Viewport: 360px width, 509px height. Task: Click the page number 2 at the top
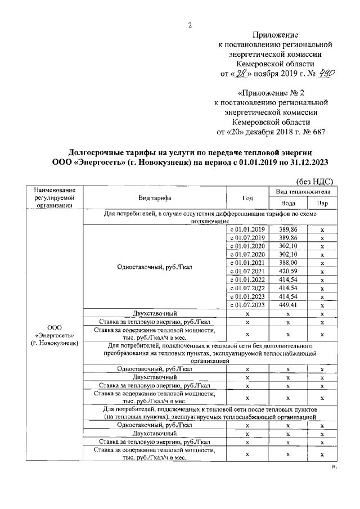(x=190, y=25)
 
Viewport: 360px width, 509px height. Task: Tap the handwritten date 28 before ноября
(x=240, y=74)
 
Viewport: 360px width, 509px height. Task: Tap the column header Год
(x=247, y=199)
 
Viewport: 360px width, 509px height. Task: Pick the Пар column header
(x=322, y=204)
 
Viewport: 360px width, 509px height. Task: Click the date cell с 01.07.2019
(x=247, y=238)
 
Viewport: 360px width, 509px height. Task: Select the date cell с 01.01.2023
(x=247, y=296)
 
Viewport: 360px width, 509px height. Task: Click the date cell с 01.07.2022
(x=247, y=287)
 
